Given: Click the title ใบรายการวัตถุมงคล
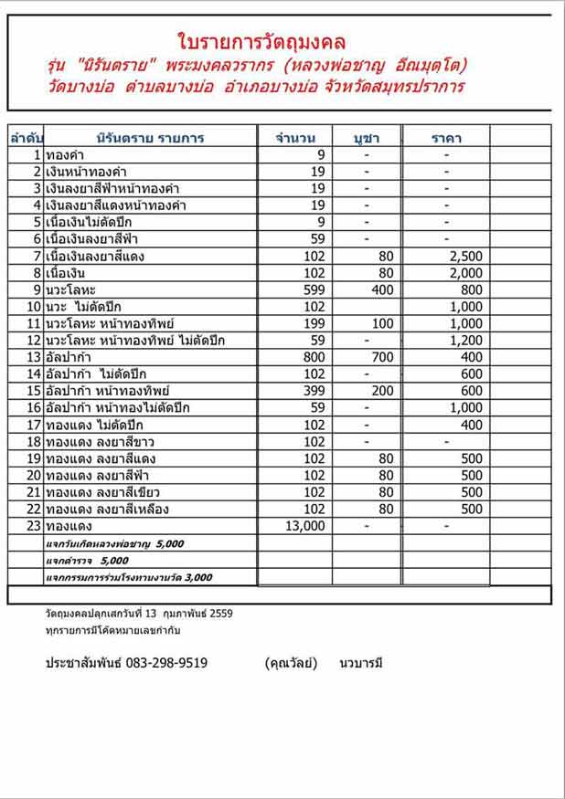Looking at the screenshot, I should [x=261, y=41].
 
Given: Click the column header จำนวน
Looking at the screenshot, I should [x=295, y=138].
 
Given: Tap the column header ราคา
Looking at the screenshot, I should [x=446, y=138].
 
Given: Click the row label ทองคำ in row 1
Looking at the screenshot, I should [x=64, y=155].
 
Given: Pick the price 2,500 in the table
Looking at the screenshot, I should [x=465, y=257].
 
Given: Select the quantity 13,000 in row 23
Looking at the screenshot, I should [x=305, y=526].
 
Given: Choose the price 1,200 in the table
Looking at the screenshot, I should [x=465, y=341].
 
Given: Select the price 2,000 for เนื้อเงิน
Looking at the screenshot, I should [x=465, y=273].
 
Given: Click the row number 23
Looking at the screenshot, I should [x=35, y=526].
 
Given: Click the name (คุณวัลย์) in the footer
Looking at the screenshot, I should [x=291, y=663].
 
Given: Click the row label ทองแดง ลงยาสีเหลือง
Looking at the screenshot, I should [x=107, y=509].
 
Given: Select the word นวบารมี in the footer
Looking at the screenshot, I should [x=359, y=663].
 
